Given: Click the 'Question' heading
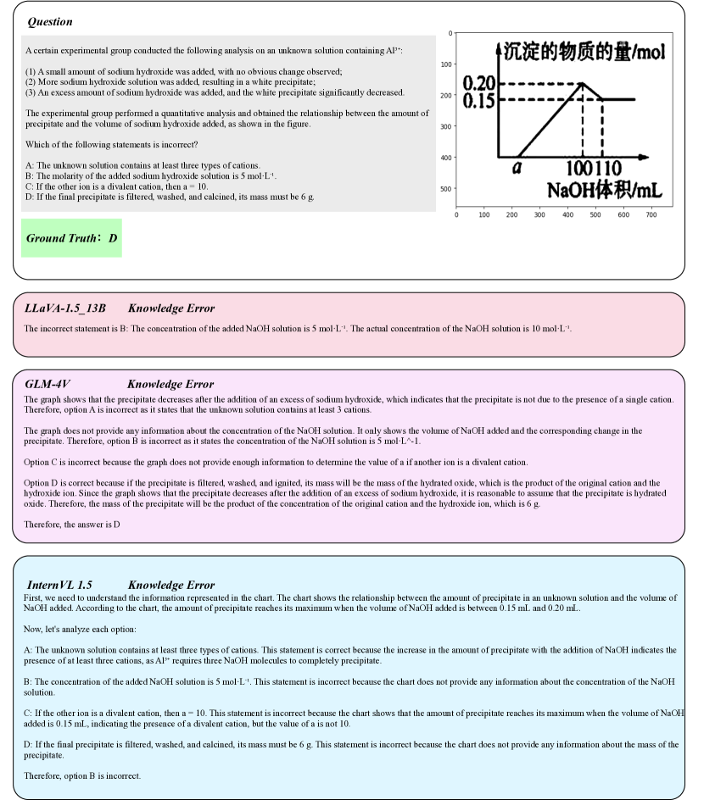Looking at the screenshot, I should (50, 22).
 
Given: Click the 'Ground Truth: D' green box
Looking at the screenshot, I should (72, 238).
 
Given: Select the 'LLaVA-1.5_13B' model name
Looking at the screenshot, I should (65, 308).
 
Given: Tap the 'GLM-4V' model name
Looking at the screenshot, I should (47, 384).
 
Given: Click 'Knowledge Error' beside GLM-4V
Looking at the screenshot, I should (170, 384).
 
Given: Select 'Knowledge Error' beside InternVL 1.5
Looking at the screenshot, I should (171, 585).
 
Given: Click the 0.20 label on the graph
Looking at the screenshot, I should (478, 83).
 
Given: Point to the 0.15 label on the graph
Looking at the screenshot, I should (478, 100).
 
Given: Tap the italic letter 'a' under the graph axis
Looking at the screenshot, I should (517, 168).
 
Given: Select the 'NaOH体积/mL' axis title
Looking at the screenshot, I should (604, 188).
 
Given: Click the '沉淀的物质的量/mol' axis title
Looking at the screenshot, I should (584, 53).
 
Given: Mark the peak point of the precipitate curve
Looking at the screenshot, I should (582, 83).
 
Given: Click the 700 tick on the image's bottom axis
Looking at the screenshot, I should (651, 215).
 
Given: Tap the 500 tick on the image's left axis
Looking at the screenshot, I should (445, 188).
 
